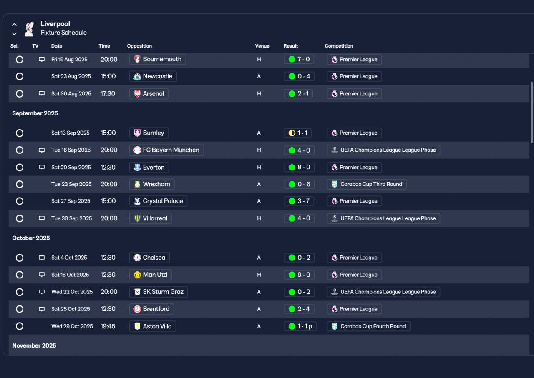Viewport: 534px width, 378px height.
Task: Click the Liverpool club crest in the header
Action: pyautogui.click(x=29, y=29)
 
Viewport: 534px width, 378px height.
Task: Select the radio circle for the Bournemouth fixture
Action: pyautogui.click(x=20, y=60)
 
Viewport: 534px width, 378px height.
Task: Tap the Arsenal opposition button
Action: pyautogui.click(x=149, y=94)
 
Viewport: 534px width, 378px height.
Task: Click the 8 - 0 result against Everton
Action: pyautogui.click(x=299, y=168)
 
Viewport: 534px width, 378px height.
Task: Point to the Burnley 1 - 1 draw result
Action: pyautogui.click(x=299, y=133)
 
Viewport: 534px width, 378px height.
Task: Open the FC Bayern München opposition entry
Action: pyautogui.click(x=166, y=150)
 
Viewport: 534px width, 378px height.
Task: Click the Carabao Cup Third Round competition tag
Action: pyautogui.click(x=366, y=184)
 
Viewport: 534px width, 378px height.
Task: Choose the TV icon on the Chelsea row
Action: pyautogui.click(x=42, y=258)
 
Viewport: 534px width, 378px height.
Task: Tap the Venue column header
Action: pyautogui.click(x=262, y=46)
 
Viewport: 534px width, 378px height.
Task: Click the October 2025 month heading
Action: pyautogui.click(x=31, y=238)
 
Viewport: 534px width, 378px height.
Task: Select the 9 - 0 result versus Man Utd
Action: pyautogui.click(x=299, y=275)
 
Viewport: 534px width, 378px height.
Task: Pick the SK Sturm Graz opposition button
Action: pyautogui.click(x=158, y=292)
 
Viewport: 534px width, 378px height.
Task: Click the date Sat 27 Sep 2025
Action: pyautogui.click(x=71, y=201)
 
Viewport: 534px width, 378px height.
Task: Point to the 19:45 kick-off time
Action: pyautogui.click(x=108, y=326)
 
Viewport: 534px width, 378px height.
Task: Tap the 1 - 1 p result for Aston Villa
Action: pyautogui.click(x=300, y=326)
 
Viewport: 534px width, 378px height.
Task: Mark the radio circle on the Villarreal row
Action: pyautogui.click(x=20, y=218)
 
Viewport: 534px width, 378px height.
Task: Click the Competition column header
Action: pyautogui.click(x=339, y=46)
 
